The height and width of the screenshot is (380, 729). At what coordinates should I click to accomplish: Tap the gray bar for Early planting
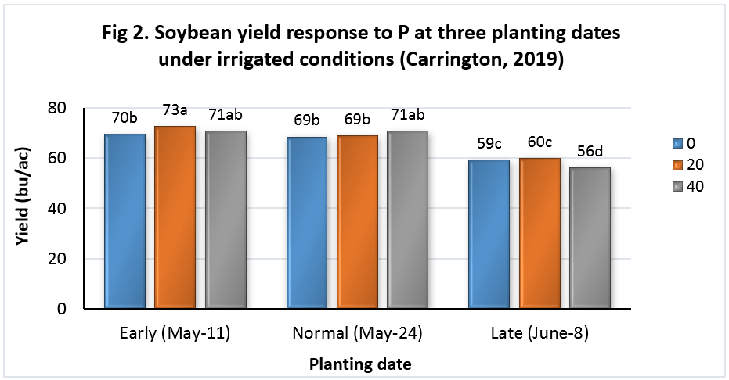click(227, 219)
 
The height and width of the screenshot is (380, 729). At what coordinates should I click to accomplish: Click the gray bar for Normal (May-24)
click(410, 219)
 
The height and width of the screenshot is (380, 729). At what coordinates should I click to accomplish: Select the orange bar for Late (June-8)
click(540, 233)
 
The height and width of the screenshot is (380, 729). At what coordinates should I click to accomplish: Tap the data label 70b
click(124, 118)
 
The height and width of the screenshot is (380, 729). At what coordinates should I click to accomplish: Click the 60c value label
click(540, 143)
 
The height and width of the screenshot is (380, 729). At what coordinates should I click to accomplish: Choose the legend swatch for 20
click(677, 165)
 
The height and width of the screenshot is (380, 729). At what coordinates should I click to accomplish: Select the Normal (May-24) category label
click(358, 333)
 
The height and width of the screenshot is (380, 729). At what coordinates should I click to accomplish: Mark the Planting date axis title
click(359, 364)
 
